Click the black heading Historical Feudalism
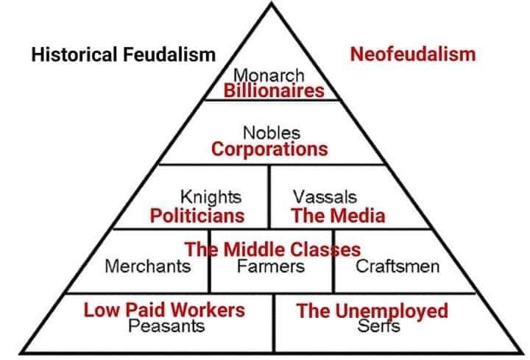(x=124, y=54)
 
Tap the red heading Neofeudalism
(x=413, y=54)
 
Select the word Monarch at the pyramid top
(x=269, y=75)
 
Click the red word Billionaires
(x=274, y=91)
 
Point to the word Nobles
(x=272, y=133)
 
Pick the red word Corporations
(x=269, y=149)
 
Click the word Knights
(x=211, y=197)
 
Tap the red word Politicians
(x=197, y=216)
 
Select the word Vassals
(x=325, y=197)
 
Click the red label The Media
(x=339, y=216)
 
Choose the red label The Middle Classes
(x=273, y=250)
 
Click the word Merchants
(x=148, y=266)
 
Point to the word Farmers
(x=271, y=266)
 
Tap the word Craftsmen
(x=397, y=266)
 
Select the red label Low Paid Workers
(x=164, y=310)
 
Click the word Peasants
(x=166, y=326)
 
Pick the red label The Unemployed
(x=372, y=311)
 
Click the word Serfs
(x=378, y=326)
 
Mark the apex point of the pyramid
(x=272, y=3)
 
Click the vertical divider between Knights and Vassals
(x=269, y=197)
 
